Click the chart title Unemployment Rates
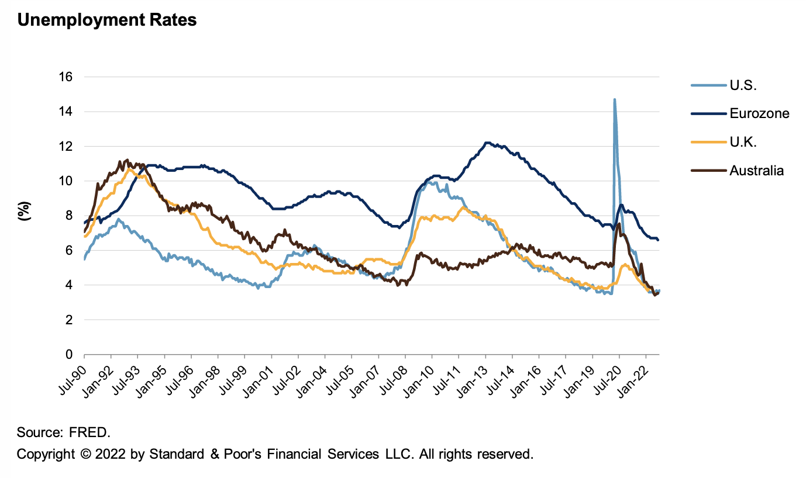point(106,20)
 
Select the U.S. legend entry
point(743,86)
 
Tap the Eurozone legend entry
point(759,113)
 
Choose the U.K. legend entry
point(742,142)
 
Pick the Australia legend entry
point(756,171)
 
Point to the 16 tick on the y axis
point(66,77)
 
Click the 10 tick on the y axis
point(66,181)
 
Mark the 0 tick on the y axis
point(69,355)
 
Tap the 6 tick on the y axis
point(69,251)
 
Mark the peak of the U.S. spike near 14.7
point(614,100)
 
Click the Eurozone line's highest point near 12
point(487,143)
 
